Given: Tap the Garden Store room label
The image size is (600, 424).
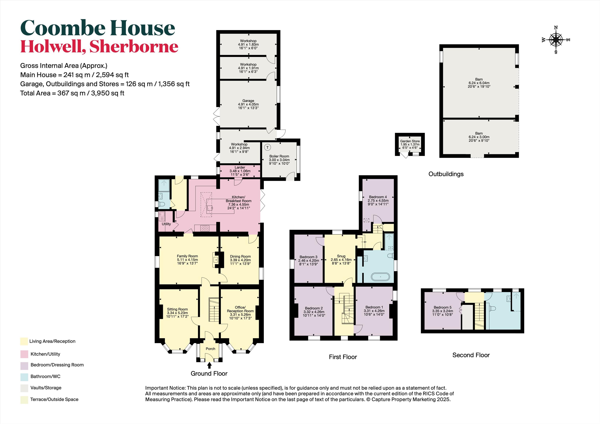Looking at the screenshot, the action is click(x=410, y=141).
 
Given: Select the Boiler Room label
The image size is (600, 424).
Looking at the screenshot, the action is click(x=279, y=156).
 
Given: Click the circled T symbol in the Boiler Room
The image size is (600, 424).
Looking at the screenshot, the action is click(x=267, y=147).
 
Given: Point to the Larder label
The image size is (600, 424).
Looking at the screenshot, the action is click(x=240, y=167).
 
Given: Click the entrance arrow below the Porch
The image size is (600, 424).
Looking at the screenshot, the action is click(x=209, y=365).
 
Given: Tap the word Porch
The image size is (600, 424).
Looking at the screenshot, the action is click(x=210, y=349).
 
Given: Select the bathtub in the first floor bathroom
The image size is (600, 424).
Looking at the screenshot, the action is click(x=381, y=277).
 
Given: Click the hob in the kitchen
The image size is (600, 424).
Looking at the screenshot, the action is click(x=205, y=228).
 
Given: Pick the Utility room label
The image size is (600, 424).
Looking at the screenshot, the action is click(x=166, y=224).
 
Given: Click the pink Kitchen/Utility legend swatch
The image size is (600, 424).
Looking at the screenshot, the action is click(x=24, y=354).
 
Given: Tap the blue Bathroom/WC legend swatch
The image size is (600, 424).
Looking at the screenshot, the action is click(x=24, y=376).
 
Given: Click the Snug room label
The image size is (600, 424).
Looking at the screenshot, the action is click(x=341, y=256).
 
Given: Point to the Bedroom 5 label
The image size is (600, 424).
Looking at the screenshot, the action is click(x=443, y=307).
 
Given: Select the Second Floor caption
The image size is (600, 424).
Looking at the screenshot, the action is click(x=471, y=355).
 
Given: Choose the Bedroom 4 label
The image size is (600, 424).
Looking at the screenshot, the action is click(x=378, y=197).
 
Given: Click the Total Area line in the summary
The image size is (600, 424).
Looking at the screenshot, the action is click(x=72, y=93).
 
